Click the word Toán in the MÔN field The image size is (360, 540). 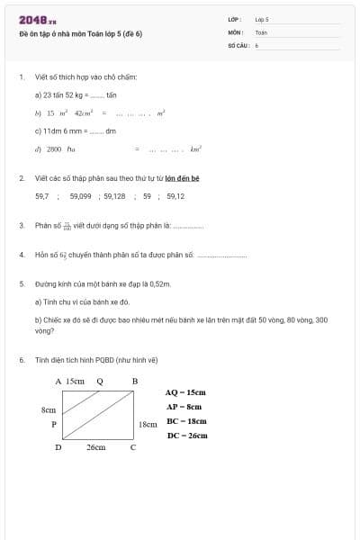(261, 31)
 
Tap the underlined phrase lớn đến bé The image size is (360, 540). (182, 178)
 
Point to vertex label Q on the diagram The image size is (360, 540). (99, 381)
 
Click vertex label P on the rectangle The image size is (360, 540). (54, 424)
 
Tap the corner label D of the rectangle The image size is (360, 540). (58, 446)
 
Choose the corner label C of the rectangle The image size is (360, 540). (133, 446)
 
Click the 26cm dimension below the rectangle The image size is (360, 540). (96, 446)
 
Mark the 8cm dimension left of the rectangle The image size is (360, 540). (49, 409)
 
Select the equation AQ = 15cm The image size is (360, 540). (186, 392)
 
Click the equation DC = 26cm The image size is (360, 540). (186, 436)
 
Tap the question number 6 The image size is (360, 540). (21, 360)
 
